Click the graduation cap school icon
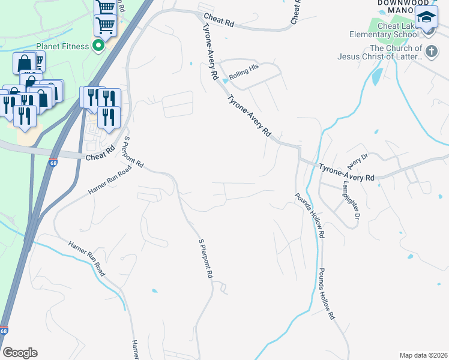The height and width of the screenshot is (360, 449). (x=427, y=18)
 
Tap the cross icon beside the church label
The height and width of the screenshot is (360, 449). (x=430, y=49)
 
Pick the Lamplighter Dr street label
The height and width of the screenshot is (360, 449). (x=351, y=199)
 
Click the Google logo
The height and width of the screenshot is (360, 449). (x=20, y=353)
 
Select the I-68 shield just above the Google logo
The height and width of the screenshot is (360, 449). (x=5, y=331)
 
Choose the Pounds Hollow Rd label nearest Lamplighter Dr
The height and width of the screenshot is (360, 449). (x=310, y=215)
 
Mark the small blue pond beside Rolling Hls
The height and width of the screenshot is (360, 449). (x=226, y=80)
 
